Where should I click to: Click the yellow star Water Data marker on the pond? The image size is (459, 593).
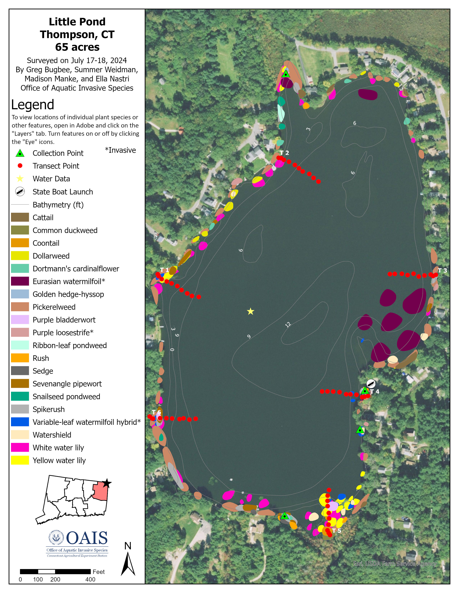click(x=250, y=311)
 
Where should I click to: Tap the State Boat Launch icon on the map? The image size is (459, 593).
click(x=371, y=384)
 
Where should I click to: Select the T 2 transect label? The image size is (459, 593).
click(x=284, y=153)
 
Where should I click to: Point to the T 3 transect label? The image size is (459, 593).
click(x=442, y=270)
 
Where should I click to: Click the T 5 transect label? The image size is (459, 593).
click(x=336, y=530)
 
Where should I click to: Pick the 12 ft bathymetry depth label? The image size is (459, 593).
click(x=288, y=325)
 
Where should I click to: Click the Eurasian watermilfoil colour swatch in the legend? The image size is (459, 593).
click(x=20, y=281)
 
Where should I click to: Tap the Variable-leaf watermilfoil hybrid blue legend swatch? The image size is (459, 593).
click(x=20, y=422)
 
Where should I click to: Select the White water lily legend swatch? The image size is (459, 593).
click(x=20, y=447)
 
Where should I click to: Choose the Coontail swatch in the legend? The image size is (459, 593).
click(x=20, y=243)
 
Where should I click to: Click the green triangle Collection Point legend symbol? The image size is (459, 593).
click(x=20, y=153)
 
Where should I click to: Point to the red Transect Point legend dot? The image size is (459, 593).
click(x=20, y=166)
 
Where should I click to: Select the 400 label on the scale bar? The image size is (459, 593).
click(x=90, y=579)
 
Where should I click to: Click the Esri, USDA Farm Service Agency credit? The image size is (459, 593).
click(x=395, y=564)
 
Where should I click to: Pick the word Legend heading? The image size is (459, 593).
click(x=33, y=105)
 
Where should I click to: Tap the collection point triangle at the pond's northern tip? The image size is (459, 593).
click(x=285, y=74)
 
